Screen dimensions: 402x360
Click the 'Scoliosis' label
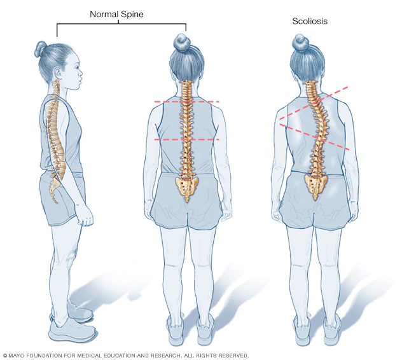click(x=310, y=22)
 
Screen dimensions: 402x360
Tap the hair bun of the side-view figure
click(x=41, y=48)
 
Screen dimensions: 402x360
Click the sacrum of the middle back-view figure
click(x=187, y=186)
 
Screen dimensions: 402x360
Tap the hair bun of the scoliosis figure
click(x=300, y=43)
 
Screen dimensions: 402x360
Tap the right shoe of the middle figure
click(x=205, y=328)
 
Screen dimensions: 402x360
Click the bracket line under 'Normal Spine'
click(x=121, y=24)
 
